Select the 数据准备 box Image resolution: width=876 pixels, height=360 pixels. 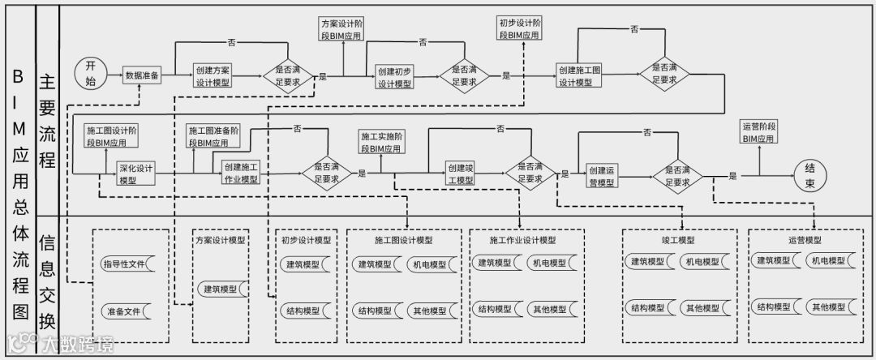point(144,75)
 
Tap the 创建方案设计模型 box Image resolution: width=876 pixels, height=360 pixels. point(213,76)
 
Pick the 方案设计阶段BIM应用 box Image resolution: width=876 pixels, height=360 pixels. point(341,30)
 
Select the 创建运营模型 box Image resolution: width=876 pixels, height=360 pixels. point(603,176)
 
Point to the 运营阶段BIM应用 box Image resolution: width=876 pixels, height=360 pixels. point(760,132)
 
